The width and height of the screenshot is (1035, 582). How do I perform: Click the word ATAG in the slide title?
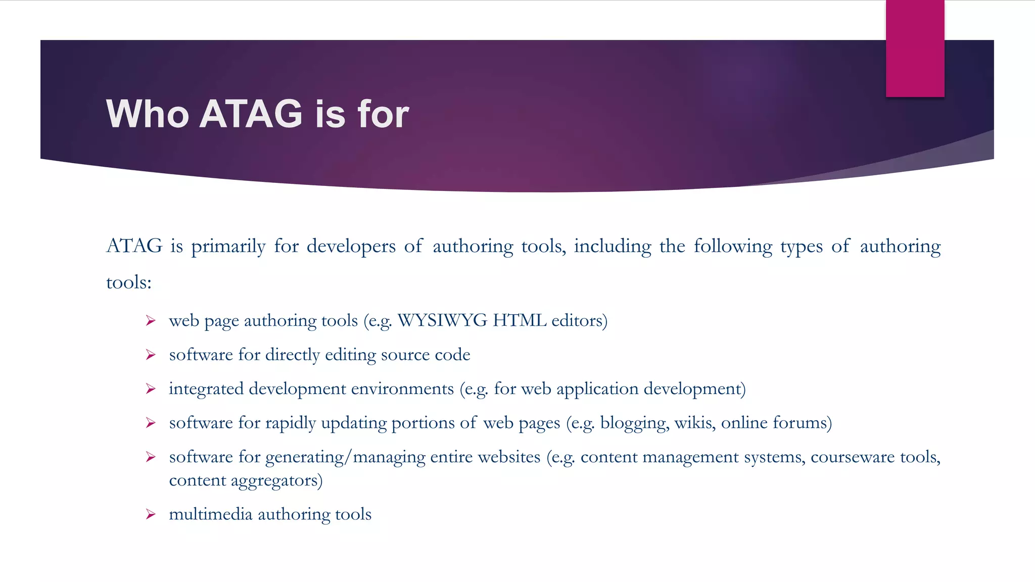251,114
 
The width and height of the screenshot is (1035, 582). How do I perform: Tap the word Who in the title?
148,114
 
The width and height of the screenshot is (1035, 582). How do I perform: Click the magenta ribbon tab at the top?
915,48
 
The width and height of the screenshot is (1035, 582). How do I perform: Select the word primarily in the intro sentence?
228,247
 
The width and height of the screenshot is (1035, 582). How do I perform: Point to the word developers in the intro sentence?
351,247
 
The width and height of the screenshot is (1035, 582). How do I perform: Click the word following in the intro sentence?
733,247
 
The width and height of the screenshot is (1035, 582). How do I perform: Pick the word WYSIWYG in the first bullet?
443,321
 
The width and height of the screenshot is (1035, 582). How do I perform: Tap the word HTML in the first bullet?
520,321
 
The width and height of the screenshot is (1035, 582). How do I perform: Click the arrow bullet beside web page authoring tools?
151,321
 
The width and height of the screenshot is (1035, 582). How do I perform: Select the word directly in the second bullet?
293,355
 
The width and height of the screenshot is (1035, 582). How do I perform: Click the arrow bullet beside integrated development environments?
151,389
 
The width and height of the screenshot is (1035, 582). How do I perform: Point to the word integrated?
206,389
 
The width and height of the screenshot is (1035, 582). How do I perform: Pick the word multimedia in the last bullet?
210,514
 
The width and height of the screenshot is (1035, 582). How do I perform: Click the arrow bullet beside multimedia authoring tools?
151,514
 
